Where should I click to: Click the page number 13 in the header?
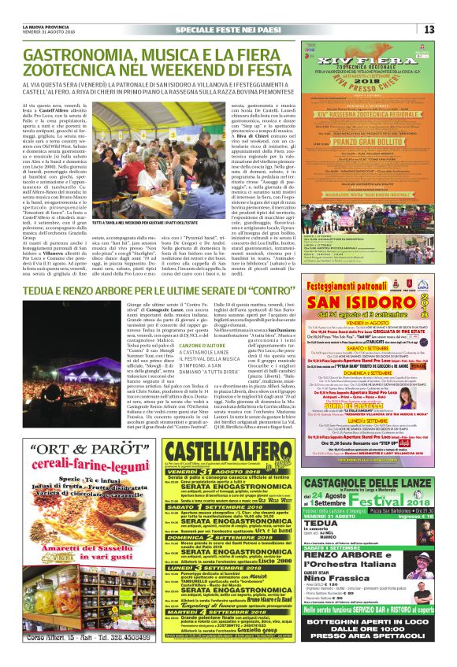click(429, 29)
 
